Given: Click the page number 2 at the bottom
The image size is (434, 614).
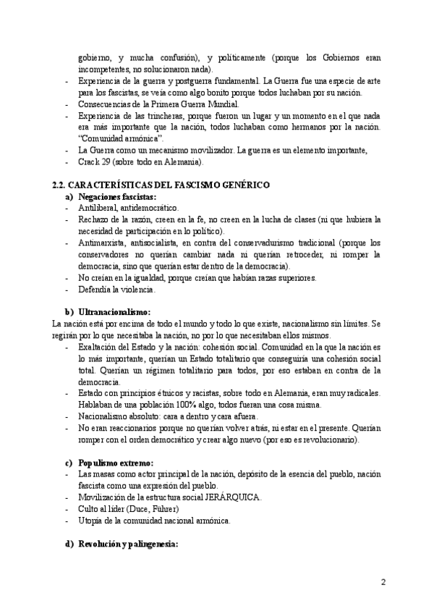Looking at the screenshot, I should [x=385, y=581].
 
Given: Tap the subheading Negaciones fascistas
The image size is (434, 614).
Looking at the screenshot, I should [x=117, y=196].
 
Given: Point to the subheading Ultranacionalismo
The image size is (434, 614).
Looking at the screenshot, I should [x=114, y=311].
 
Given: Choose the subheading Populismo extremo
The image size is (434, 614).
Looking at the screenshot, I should [x=111, y=462].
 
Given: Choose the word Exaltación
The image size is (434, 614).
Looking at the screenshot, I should [x=98, y=347].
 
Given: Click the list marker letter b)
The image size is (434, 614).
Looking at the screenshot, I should [x=69, y=311].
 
